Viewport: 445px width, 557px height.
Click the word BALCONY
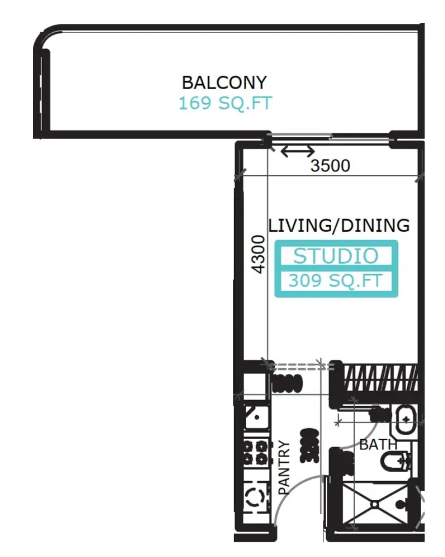click(224, 83)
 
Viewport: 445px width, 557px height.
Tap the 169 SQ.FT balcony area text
click(225, 103)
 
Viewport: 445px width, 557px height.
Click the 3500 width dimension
click(330, 166)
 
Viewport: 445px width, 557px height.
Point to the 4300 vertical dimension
click(259, 254)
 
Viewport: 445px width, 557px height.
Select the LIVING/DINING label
click(339, 225)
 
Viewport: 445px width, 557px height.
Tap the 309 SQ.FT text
click(336, 281)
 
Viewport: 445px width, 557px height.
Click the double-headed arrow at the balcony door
click(298, 151)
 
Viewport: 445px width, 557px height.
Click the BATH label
click(378, 445)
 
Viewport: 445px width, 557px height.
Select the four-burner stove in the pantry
click(255, 452)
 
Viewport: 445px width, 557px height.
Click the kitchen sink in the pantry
click(256, 418)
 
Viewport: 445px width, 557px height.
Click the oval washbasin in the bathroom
click(406, 420)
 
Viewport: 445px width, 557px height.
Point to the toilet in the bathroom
click(396, 462)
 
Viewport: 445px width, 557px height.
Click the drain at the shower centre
click(375, 504)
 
